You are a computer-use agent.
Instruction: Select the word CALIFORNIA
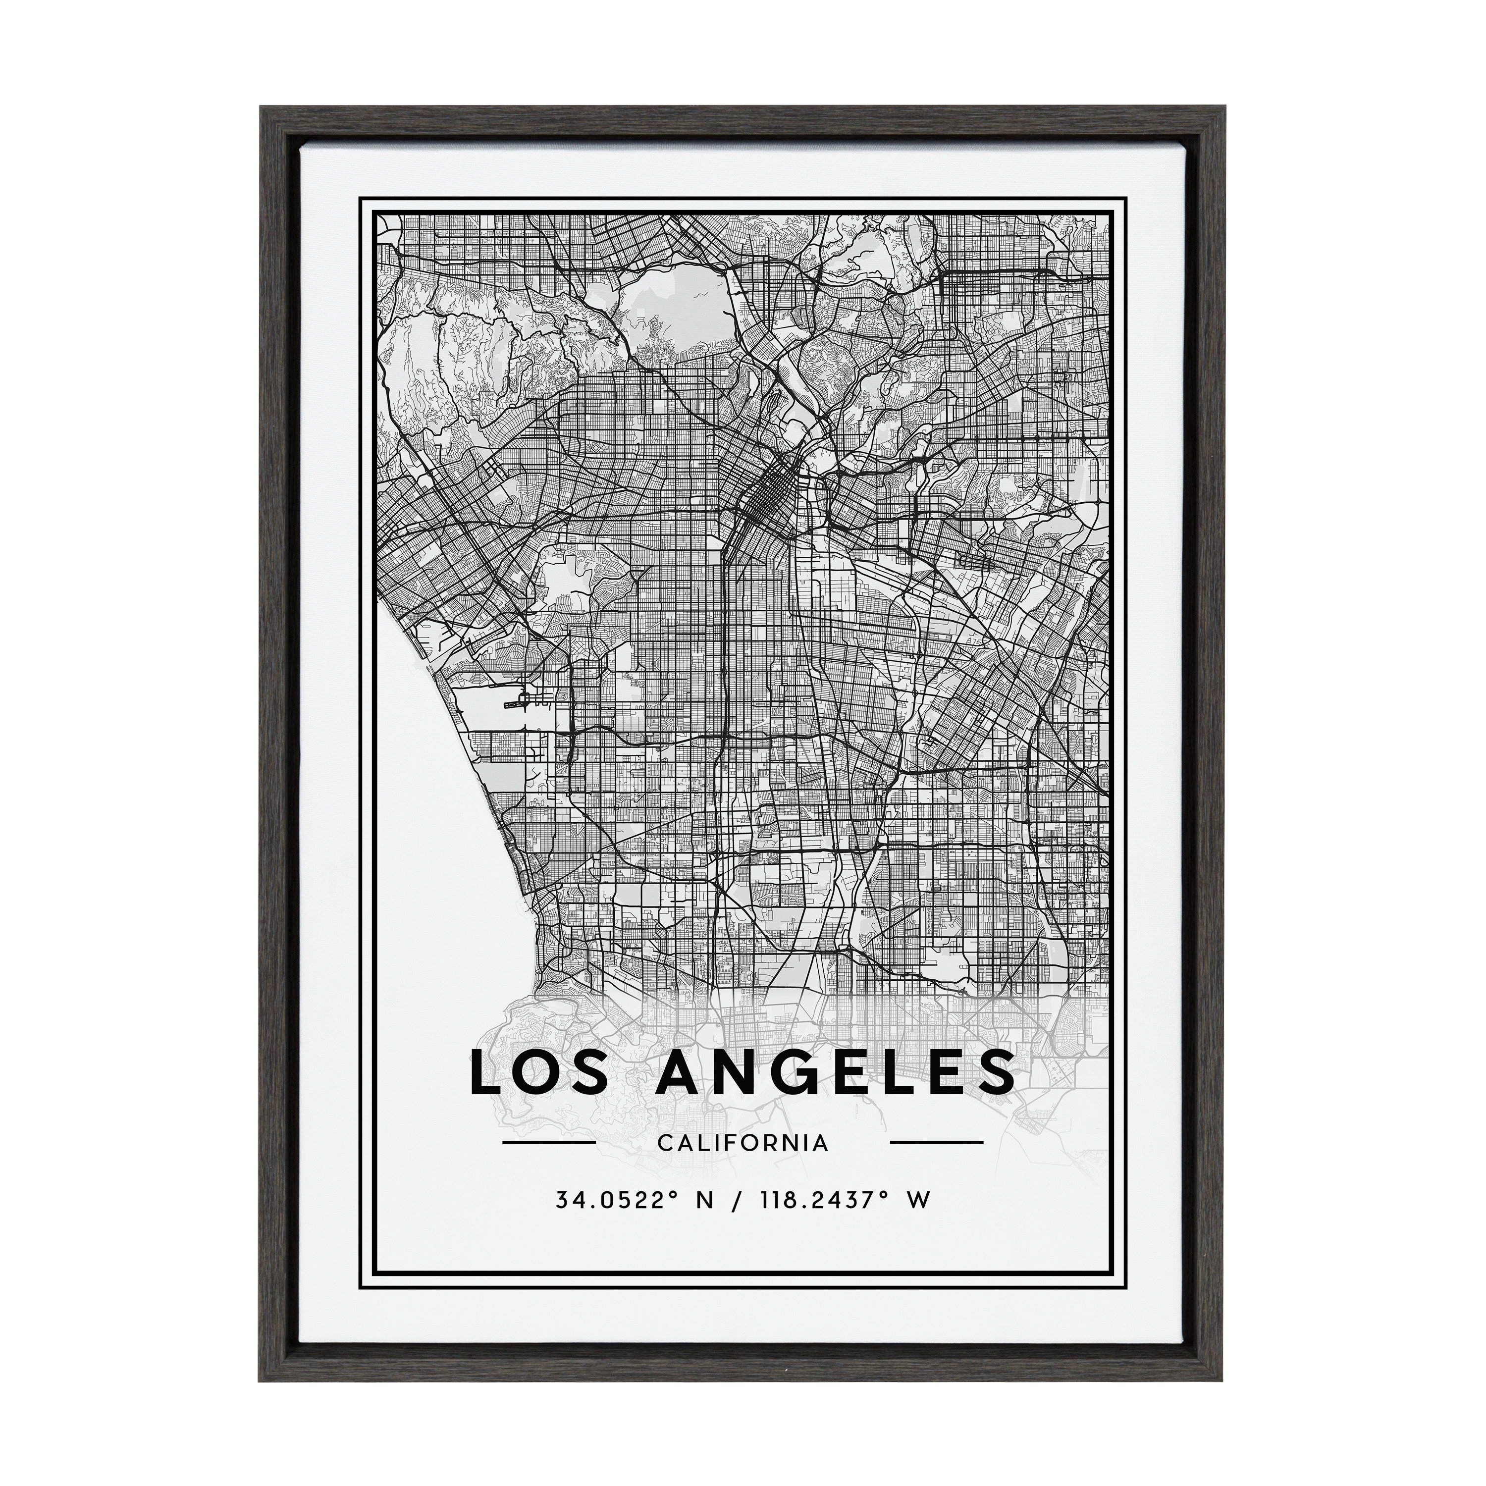(743, 1164)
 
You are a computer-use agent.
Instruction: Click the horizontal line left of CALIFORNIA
(548, 1164)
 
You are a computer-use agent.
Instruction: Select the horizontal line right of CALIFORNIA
(936, 1164)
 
